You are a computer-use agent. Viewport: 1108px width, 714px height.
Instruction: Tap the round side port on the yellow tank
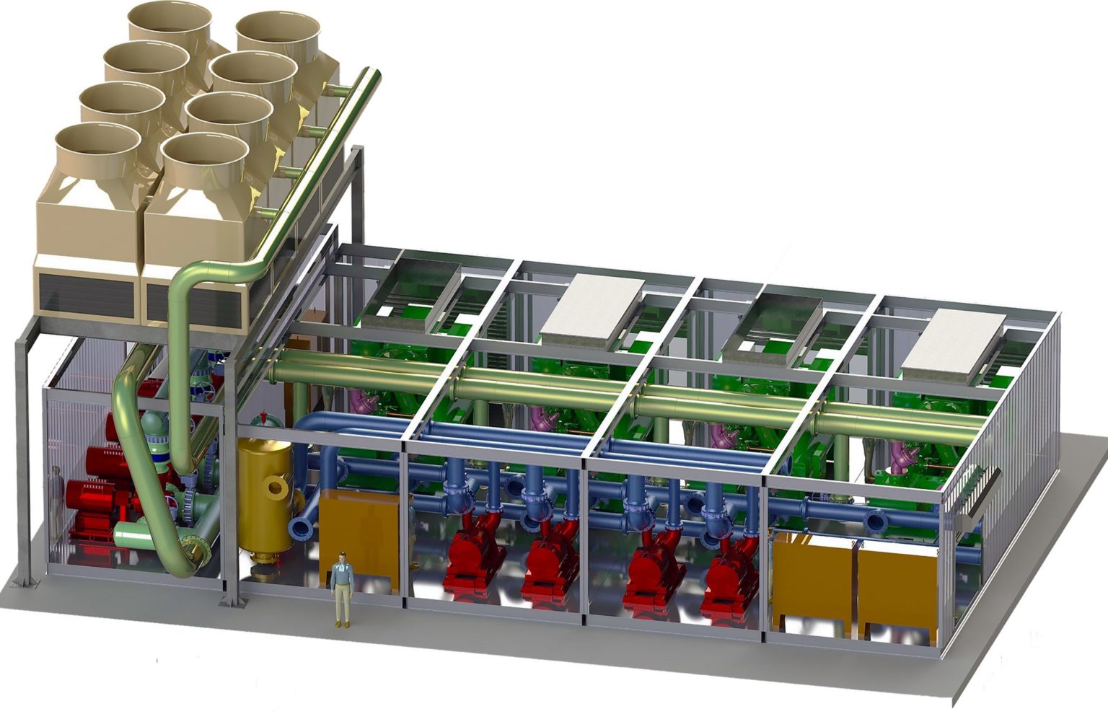click(x=276, y=488)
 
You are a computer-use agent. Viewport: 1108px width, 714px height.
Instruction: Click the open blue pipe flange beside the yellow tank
click(x=300, y=527)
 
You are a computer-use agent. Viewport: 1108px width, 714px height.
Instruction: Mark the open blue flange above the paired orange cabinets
click(x=877, y=521)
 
